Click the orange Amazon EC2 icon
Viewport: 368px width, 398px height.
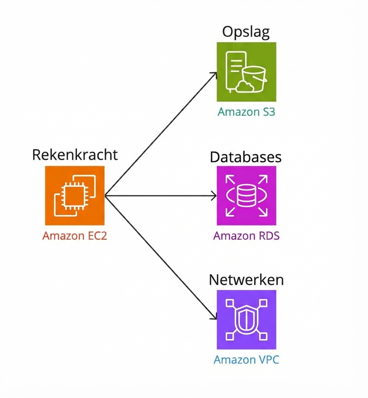pos(75,195)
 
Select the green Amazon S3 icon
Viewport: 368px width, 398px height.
pos(246,72)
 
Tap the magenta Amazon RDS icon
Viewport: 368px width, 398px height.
pos(246,195)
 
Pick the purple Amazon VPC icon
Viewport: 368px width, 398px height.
pos(246,319)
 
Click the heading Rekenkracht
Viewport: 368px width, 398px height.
pos(75,154)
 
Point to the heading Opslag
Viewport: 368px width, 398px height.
pos(246,33)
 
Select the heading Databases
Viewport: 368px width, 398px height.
pos(246,157)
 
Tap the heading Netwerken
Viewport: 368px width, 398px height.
pos(246,280)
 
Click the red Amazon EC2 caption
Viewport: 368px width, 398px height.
pos(75,236)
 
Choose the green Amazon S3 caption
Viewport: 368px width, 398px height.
pos(246,112)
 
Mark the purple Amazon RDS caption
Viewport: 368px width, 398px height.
pos(246,236)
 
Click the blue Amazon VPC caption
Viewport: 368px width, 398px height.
pos(246,360)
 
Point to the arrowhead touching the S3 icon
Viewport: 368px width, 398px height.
pos(214,74)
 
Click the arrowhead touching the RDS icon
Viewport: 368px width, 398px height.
pos(214,196)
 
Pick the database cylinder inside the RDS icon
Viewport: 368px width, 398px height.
pos(246,196)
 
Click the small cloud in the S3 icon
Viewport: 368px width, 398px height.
pos(245,86)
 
